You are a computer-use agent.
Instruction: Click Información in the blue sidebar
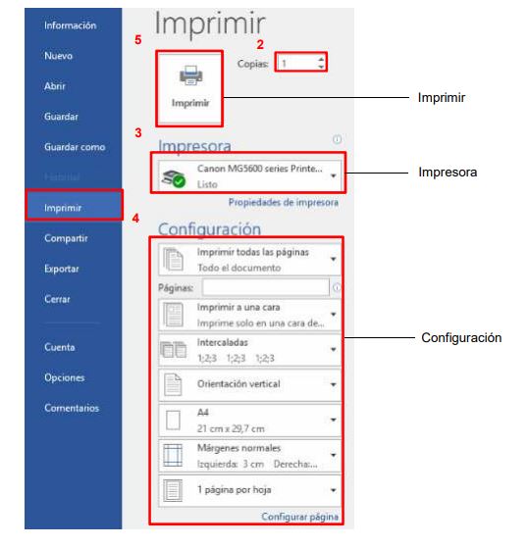(70, 25)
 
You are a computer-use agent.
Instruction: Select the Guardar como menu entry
(75, 147)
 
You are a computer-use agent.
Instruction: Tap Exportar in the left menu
(62, 269)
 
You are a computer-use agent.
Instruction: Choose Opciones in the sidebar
(64, 377)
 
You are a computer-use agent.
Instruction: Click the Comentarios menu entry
(72, 408)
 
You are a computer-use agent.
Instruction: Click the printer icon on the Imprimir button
(190, 75)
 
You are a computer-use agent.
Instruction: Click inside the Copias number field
(296, 63)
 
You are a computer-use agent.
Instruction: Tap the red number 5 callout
(138, 40)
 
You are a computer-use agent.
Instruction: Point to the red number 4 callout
(135, 219)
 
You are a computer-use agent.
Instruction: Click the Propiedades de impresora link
(284, 202)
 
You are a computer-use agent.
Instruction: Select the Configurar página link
(299, 517)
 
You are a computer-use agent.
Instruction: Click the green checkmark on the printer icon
(180, 181)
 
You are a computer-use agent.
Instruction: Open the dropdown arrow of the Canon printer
(333, 175)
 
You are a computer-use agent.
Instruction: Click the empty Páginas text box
(266, 287)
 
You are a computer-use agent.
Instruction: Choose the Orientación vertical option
(249, 384)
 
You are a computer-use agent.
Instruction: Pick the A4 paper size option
(249, 420)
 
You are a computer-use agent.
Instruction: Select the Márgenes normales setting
(249, 456)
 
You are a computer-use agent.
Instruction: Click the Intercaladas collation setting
(249, 350)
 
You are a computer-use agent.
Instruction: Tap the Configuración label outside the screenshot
(461, 337)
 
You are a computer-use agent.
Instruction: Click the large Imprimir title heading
(210, 24)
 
